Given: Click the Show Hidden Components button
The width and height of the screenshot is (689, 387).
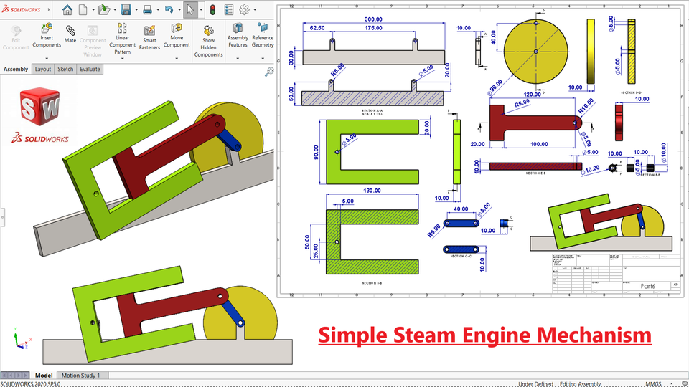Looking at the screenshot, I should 209,41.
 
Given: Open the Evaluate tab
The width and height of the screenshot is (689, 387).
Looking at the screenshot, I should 90,70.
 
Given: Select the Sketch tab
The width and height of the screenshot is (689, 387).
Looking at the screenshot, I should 65,70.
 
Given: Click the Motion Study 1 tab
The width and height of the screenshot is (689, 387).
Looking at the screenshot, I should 80,375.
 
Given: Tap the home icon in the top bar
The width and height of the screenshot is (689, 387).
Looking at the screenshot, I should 67,10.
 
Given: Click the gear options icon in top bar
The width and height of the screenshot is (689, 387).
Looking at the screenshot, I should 244,10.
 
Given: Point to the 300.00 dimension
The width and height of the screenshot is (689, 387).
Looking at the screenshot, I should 373,19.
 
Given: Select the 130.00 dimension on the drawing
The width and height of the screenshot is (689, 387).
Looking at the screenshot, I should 372,191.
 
